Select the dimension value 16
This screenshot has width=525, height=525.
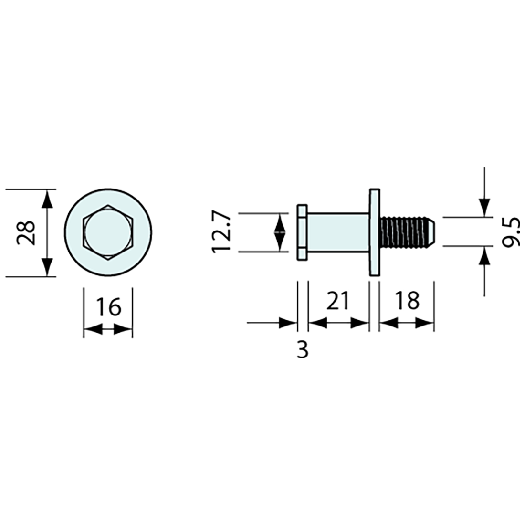click(x=108, y=306)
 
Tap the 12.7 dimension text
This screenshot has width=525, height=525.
click(x=221, y=233)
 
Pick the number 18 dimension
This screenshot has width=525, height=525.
click(x=407, y=301)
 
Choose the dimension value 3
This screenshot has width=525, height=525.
click(x=303, y=350)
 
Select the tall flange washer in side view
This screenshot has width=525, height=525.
click(x=375, y=232)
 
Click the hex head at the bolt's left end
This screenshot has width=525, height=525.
click(x=302, y=232)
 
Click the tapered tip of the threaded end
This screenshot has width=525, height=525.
click(x=430, y=232)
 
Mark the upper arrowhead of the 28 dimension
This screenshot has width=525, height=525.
click(x=46, y=199)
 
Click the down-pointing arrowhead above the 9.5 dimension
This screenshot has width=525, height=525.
click(x=484, y=207)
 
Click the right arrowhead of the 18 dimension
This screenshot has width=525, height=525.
click(x=425, y=323)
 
